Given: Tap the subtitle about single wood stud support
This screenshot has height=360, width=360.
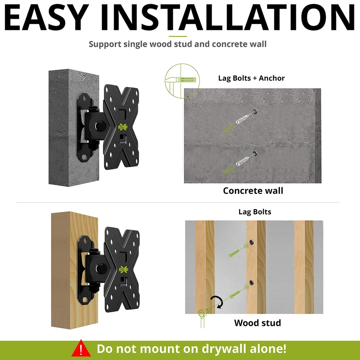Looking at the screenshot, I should [x=177, y=44].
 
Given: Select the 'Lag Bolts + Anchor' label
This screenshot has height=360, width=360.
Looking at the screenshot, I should [x=251, y=78].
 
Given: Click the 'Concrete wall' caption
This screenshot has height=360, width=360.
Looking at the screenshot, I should [x=253, y=190].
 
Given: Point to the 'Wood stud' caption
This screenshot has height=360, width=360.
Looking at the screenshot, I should [x=257, y=323].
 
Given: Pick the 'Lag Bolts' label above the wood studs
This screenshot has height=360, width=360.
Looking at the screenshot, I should [x=255, y=212].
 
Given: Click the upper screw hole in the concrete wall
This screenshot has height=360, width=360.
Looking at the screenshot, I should [x=255, y=111].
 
